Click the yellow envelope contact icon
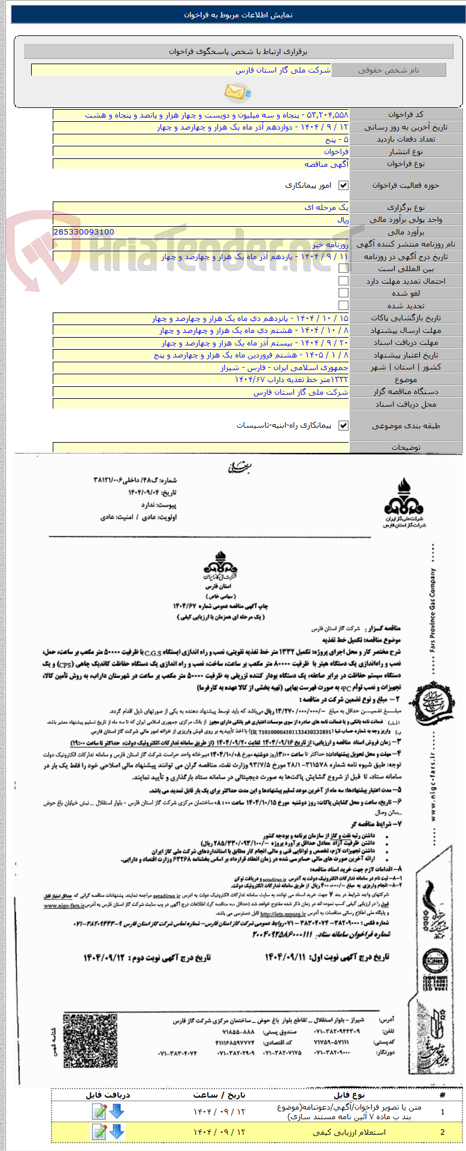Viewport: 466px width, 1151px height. click(x=237, y=92)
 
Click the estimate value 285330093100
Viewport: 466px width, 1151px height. click(x=84, y=232)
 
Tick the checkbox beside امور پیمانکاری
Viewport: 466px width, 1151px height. click(x=343, y=185)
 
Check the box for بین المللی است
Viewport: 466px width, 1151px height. click(x=343, y=269)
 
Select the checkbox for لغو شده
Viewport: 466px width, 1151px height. click(x=343, y=293)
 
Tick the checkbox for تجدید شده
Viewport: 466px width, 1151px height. click(x=343, y=305)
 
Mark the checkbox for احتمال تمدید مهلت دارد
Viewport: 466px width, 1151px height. click(x=343, y=281)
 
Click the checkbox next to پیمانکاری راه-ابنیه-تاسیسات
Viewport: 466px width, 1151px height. click(x=343, y=425)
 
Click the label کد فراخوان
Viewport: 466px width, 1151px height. click(x=406, y=114)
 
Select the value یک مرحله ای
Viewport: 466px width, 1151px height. click(x=326, y=207)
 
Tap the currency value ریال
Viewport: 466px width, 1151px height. click(x=343, y=220)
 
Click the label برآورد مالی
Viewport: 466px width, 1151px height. click(x=406, y=232)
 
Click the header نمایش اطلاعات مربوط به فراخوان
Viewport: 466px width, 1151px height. click(x=238, y=15)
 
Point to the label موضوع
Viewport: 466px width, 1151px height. click(x=406, y=380)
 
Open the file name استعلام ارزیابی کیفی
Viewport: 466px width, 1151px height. click(x=349, y=1132)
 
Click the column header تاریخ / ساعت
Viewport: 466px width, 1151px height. click(x=219, y=1095)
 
